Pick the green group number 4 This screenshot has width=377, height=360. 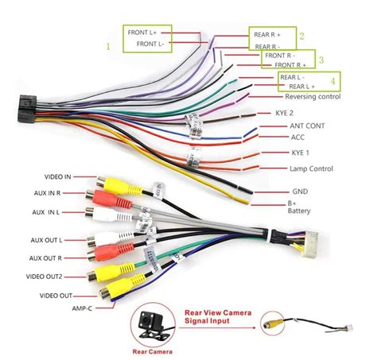pyautogui.click(x=333, y=80)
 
